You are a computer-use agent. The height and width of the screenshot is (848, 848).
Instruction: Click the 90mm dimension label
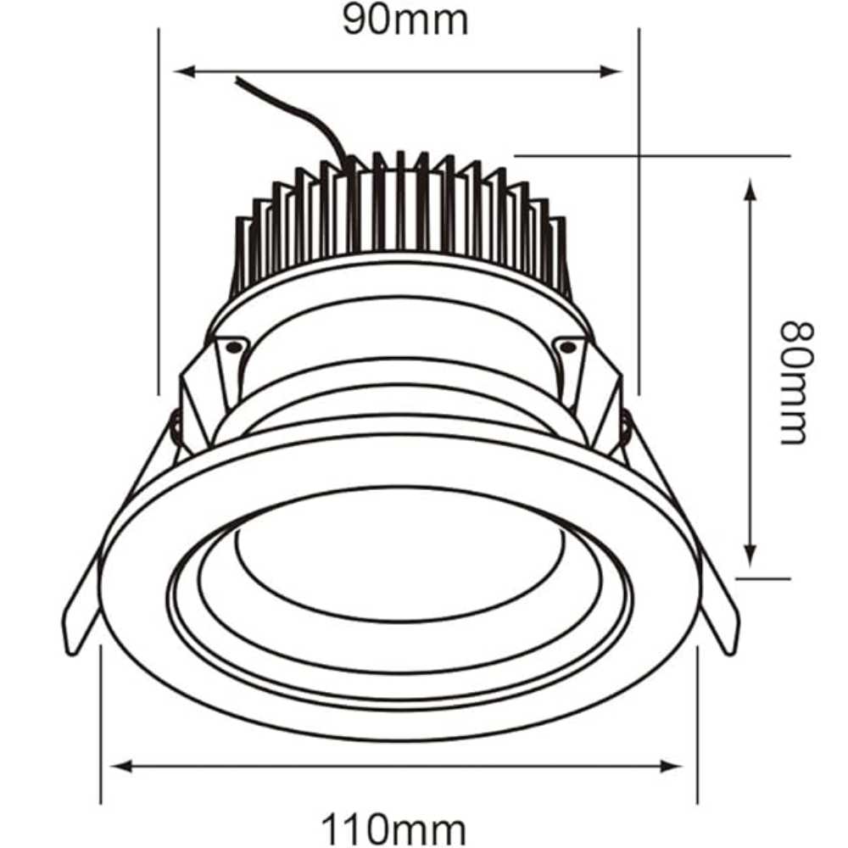405,20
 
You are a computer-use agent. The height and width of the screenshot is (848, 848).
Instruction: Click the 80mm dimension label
795,382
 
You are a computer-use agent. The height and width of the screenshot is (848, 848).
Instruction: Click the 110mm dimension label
393,827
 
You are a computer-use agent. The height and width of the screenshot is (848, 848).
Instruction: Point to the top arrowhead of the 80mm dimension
750,187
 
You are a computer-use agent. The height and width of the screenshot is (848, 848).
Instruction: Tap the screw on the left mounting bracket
232,345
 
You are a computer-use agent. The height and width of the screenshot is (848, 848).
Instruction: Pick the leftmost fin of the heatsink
241,254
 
